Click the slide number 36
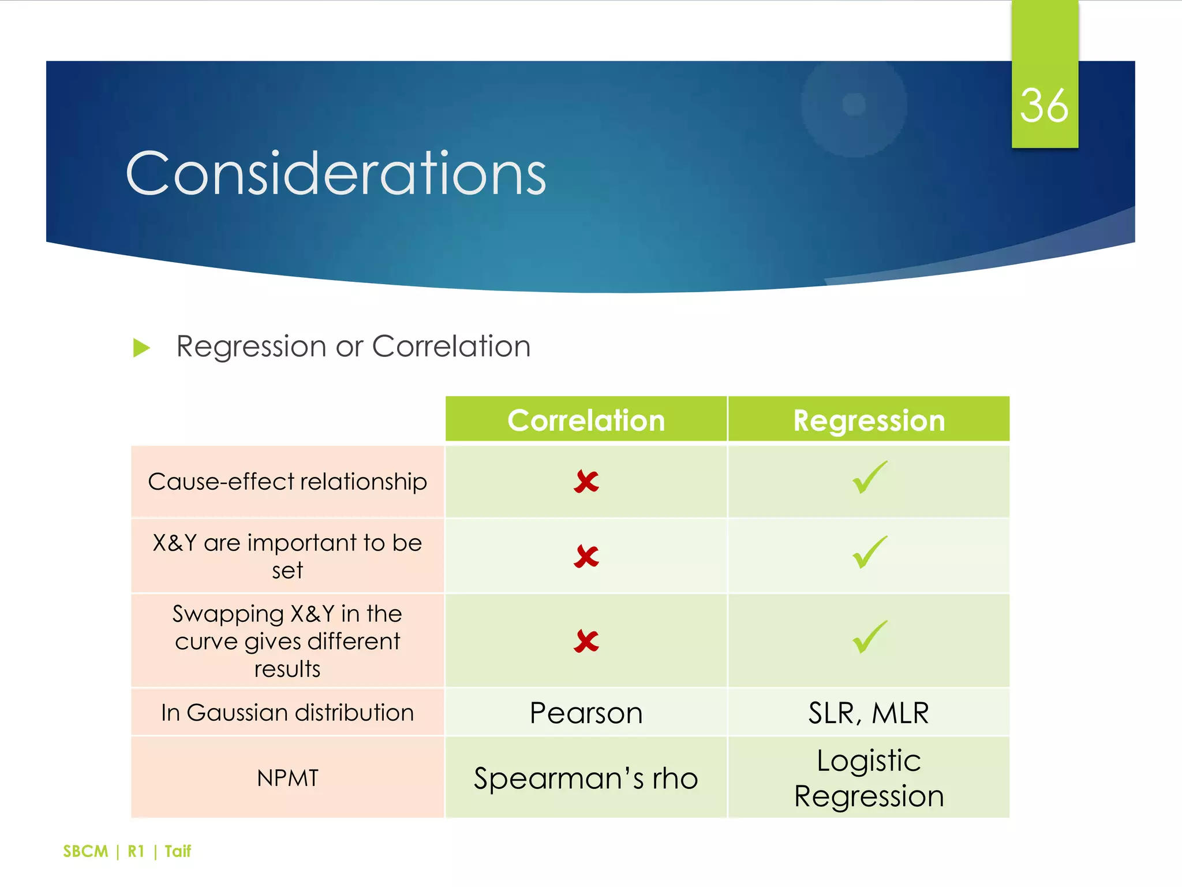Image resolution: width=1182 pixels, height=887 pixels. (x=1044, y=106)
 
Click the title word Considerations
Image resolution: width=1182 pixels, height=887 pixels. (x=336, y=173)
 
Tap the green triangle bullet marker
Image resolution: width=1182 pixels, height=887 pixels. (x=141, y=348)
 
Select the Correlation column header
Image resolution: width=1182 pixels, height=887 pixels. (x=586, y=420)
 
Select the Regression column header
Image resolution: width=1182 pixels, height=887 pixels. (x=869, y=420)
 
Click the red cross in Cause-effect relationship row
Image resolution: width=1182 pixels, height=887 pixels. (x=586, y=482)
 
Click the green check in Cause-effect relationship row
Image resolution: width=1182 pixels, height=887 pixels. (x=869, y=478)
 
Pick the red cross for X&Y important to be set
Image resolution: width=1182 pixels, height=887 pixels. (x=586, y=557)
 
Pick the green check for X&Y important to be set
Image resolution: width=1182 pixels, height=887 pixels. (x=869, y=553)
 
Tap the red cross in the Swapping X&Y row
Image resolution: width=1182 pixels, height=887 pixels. (x=586, y=641)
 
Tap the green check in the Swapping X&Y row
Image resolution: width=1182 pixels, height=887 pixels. (x=869, y=637)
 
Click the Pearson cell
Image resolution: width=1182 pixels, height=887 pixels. (x=586, y=713)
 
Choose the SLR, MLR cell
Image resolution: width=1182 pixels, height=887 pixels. (x=869, y=713)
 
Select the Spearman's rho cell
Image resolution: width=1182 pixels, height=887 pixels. (x=586, y=778)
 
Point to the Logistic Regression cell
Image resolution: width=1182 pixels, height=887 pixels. (x=869, y=778)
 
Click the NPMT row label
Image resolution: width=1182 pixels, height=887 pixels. (x=287, y=778)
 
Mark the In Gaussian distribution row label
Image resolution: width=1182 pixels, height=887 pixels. (x=287, y=713)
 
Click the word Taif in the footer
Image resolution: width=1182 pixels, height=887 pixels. (x=178, y=851)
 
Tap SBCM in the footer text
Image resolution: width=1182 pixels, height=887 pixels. (x=85, y=851)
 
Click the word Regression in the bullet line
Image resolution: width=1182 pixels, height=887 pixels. (x=251, y=346)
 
